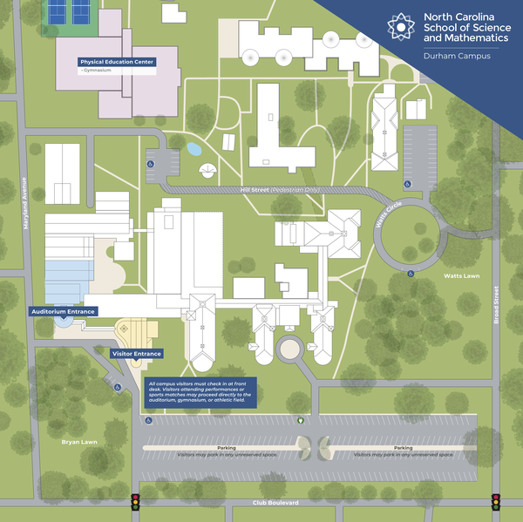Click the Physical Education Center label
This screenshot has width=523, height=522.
coord(116,63)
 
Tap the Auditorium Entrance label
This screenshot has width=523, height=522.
coord(62,311)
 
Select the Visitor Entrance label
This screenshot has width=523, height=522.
coord(137,354)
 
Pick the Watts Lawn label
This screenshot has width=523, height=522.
coord(460,276)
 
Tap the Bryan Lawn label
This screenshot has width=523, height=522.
coord(78,443)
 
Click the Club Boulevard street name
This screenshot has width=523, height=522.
coord(275,503)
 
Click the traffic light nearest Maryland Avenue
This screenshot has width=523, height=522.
coord(135,502)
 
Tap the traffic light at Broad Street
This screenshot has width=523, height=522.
coord(496,502)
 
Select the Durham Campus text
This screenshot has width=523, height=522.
coord(456,56)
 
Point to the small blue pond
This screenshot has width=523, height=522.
coord(194,148)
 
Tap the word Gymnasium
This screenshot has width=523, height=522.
coord(99,71)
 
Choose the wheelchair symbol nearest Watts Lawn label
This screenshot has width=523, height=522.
coord(411,274)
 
